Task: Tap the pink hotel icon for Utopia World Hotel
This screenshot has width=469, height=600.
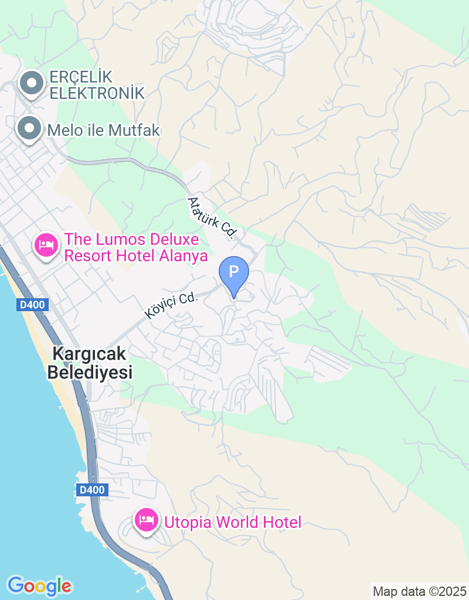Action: point(147,520)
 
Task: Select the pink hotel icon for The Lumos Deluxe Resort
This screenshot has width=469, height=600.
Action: point(46,244)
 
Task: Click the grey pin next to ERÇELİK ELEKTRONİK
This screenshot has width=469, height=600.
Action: point(31,84)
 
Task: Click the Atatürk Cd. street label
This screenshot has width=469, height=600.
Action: point(212,217)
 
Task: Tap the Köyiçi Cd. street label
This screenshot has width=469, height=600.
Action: point(172,306)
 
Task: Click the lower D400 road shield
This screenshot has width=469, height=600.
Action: point(92,489)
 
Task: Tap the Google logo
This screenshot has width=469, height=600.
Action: point(39,585)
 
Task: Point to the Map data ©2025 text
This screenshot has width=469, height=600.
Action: point(419,591)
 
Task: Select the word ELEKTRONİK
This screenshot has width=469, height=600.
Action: point(97,93)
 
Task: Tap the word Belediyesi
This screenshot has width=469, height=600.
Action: point(90,371)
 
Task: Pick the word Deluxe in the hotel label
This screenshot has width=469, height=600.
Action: point(174,239)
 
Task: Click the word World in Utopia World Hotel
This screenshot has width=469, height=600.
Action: point(237,522)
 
